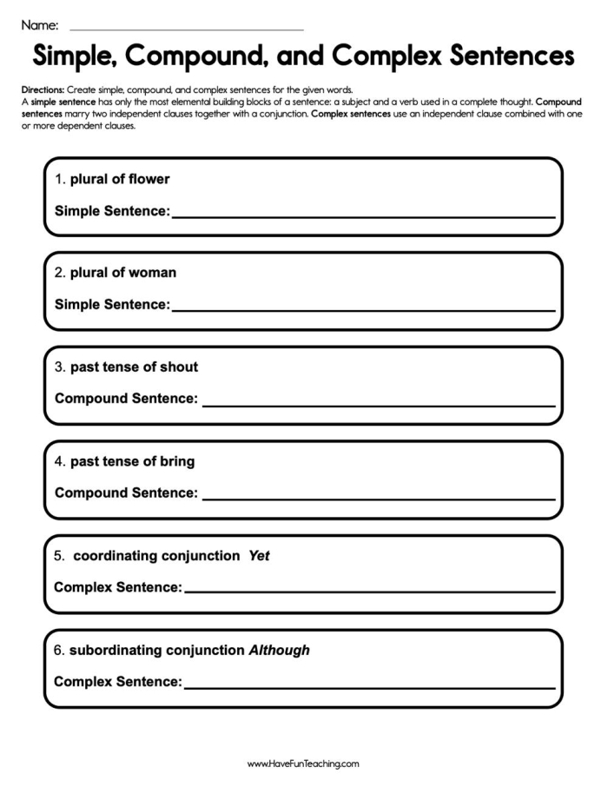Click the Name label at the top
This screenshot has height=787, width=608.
40,24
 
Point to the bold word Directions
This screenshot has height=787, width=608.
43,90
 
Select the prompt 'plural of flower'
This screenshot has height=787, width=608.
120,179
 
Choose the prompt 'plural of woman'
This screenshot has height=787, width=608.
123,273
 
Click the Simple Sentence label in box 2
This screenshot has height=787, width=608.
112,305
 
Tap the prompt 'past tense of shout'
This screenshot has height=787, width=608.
134,367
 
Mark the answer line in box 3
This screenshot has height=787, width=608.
378,404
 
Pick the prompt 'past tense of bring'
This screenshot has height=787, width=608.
132,461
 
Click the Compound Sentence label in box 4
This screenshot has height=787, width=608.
126,493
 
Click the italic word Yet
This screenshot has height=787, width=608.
259,556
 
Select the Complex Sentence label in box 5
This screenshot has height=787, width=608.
117,588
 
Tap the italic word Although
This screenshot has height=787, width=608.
279,650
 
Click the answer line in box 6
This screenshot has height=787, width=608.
369,687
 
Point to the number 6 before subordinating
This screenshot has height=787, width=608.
58,650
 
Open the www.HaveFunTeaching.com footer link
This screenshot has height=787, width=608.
303,764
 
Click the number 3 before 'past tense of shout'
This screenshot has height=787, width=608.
58,367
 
